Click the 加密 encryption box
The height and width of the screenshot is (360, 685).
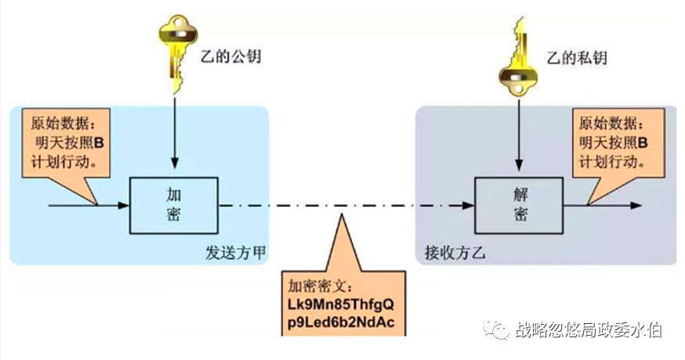click(172, 205)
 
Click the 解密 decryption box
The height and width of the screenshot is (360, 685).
click(517, 205)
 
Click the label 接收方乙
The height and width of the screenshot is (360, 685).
click(449, 253)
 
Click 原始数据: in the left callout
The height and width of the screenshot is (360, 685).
click(60, 124)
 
